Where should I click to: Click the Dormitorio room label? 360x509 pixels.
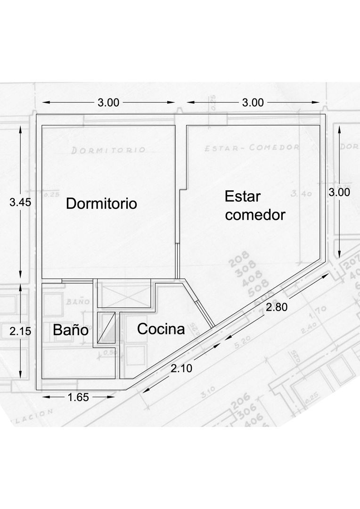point(101,204)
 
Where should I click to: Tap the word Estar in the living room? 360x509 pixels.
point(243,196)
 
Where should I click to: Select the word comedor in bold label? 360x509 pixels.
point(255,215)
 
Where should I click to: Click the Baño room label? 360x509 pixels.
point(71,330)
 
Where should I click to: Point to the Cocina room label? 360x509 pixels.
point(161,329)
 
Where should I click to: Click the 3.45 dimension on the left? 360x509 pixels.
point(20,203)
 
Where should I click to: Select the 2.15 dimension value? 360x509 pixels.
point(20,331)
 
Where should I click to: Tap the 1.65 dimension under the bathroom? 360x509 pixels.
point(78,397)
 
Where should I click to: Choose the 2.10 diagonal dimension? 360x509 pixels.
point(181,368)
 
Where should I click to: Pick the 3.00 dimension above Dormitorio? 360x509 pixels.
point(108,102)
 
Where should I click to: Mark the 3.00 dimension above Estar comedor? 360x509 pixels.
point(253,102)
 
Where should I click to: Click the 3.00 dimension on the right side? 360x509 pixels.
point(339,192)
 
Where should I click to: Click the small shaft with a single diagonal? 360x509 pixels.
point(106,327)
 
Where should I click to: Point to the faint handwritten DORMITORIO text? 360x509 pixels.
point(108,150)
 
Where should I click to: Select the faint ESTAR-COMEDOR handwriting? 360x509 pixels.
point(252,147)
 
